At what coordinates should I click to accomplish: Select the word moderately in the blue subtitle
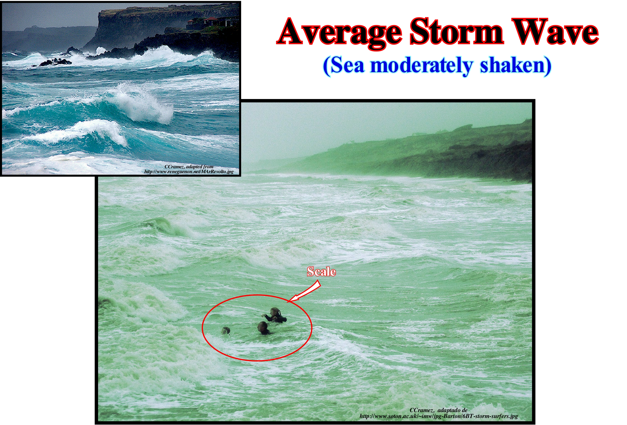point(421,66)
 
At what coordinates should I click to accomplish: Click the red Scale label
point(321,272)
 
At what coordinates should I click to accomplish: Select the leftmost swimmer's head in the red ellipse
point(226,330)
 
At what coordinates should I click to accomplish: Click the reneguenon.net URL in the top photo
point(189,171)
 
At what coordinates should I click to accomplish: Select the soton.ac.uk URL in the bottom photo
point(439,416)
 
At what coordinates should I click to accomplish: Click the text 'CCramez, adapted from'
point(189,167)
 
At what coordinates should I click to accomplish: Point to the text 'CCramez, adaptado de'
point(438,410)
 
